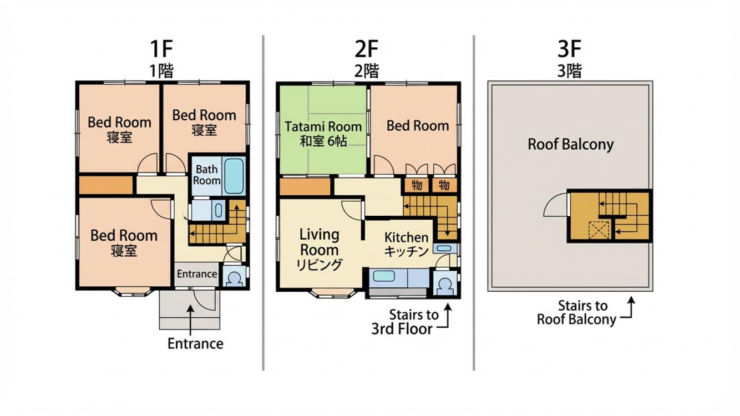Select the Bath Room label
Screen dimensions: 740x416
[206, 175]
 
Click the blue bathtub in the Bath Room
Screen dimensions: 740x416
[234, 176]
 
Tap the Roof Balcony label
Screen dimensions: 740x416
[570, 144]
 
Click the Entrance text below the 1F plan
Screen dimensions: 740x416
[195, 344]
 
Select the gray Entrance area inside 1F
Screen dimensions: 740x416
[196, 274]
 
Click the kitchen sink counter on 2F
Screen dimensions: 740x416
[399, 278]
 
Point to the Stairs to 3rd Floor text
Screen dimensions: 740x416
[406, 322]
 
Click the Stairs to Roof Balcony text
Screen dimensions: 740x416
[577, 313]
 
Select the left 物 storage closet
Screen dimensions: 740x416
[417, 185]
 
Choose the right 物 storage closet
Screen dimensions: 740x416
[444, 185]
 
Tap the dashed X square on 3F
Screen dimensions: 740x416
[599, 230]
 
